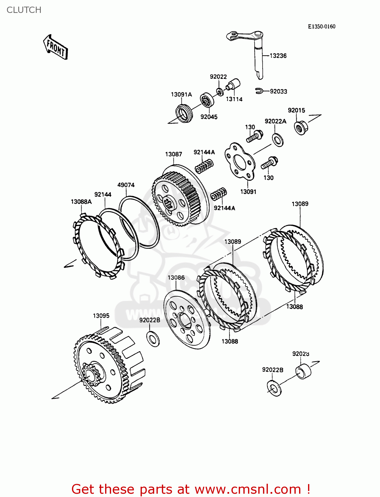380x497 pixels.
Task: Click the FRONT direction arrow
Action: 55,47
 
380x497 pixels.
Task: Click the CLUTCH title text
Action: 24,10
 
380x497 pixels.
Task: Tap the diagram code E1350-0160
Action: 321,27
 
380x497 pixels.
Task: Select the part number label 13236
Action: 278,56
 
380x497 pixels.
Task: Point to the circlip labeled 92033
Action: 259,90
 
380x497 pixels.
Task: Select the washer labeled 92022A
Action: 278,139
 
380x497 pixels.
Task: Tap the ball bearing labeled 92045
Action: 207,100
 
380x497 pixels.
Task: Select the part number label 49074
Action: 126,185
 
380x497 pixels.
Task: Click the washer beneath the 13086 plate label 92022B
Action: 153,338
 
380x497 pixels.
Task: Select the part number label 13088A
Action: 81,201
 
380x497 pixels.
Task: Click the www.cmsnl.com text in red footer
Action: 248,489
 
